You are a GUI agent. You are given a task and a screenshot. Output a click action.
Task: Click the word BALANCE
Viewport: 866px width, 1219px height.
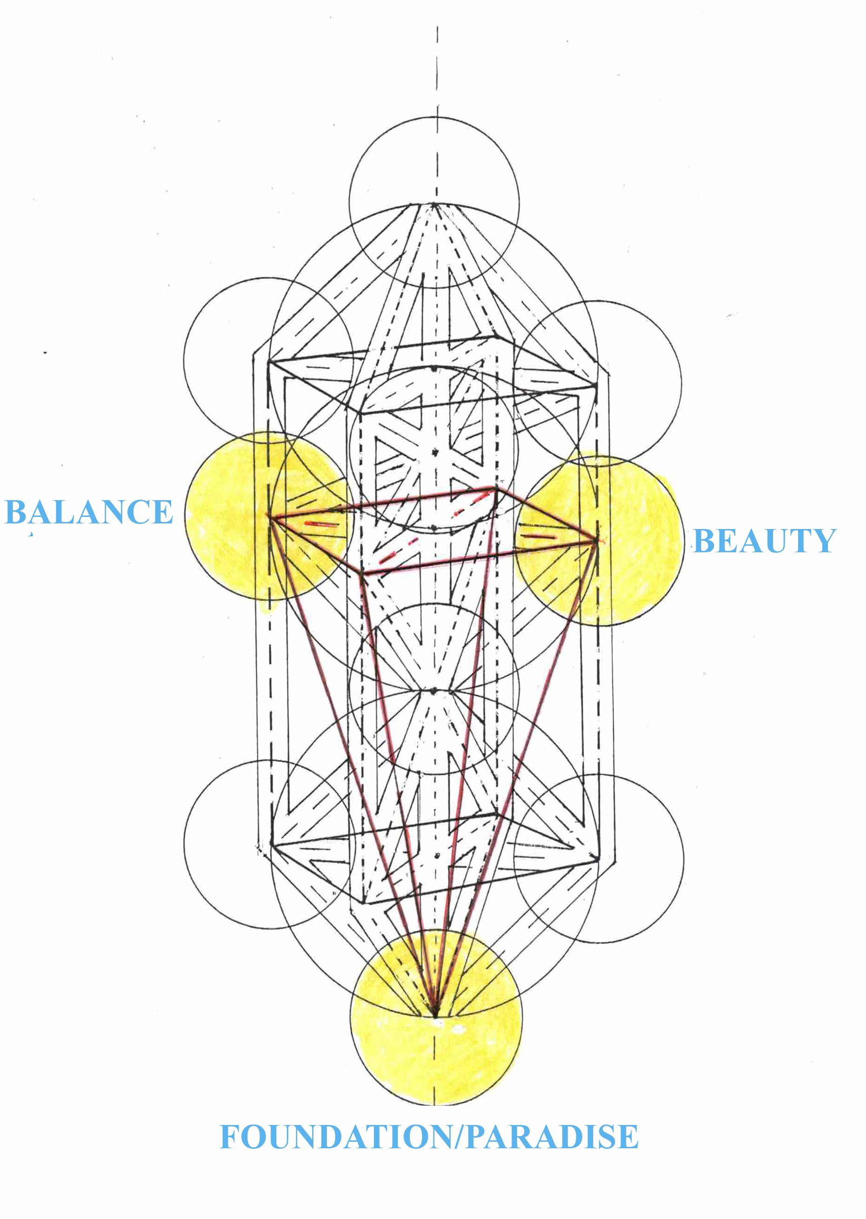click(x=88, y=512)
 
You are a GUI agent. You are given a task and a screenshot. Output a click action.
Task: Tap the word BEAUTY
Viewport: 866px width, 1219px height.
click(x=764, y=541)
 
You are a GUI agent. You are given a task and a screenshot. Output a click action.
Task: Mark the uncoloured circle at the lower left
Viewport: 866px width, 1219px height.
click(x=269, y=845)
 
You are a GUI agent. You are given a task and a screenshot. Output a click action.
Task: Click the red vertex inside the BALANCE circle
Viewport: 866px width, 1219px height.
click(x=269, y=516)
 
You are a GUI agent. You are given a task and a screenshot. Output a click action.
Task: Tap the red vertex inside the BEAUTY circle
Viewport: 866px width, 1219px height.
click(x=596, y=542)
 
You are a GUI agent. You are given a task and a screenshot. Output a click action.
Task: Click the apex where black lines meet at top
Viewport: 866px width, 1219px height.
click(x=434, y=204)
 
